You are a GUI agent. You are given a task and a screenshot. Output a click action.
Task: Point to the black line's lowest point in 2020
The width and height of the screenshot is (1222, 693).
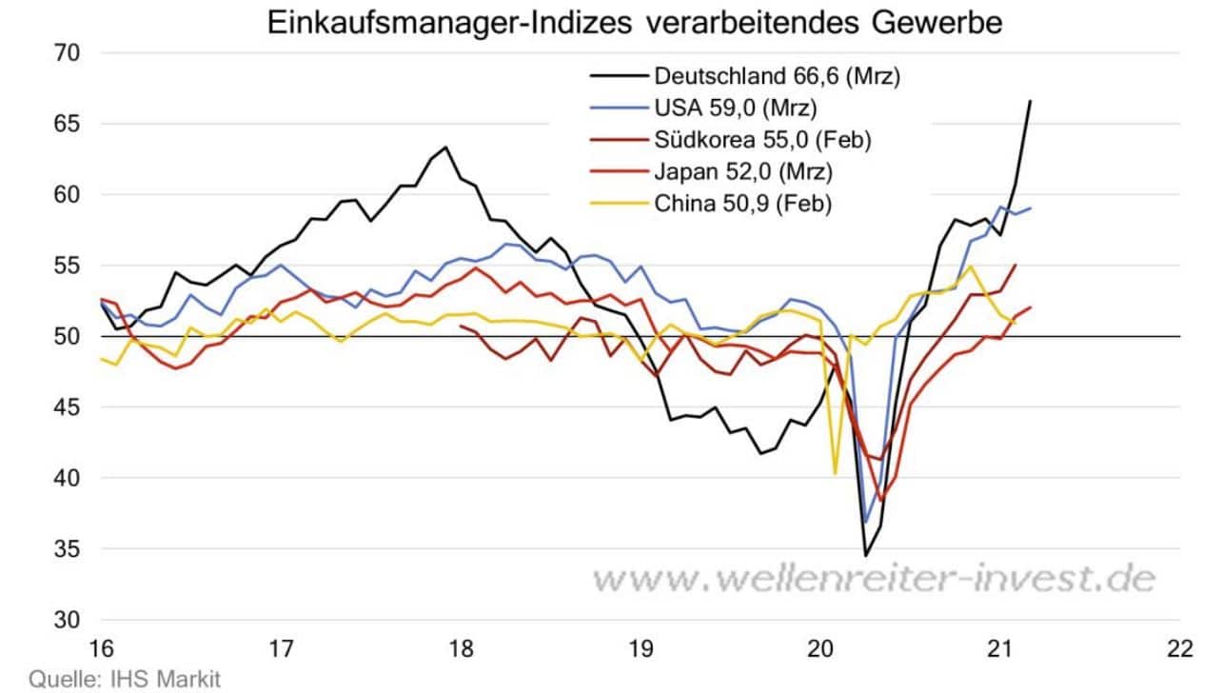coord(866,555)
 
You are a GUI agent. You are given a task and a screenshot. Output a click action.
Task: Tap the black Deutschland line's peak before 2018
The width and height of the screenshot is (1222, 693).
coord(445,148)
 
